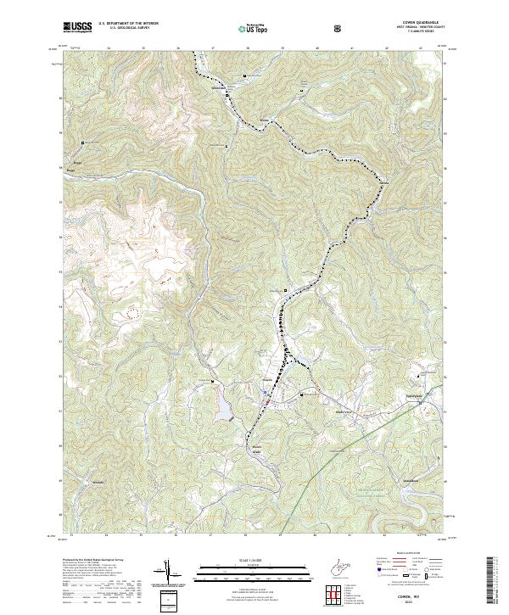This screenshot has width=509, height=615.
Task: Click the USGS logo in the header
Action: point(78,27)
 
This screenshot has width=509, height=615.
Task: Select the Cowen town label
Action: point(267,380)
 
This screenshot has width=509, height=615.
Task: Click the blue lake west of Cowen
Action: point(223,405)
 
